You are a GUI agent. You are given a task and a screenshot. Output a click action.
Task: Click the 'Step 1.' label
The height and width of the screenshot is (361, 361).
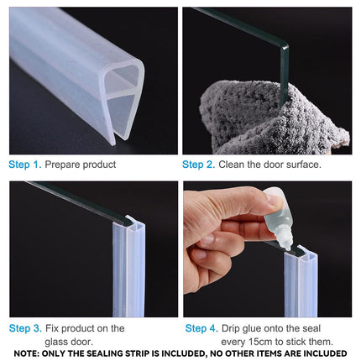coord(24,165)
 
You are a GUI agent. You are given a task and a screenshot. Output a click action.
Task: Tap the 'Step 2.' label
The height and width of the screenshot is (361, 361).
coord(199,165)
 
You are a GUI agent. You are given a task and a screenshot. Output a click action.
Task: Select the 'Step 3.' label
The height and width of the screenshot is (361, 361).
coord(24,327)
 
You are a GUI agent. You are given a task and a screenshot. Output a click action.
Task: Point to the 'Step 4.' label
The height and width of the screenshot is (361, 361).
coord(201,327)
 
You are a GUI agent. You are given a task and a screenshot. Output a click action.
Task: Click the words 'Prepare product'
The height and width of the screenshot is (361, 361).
coord(81,165)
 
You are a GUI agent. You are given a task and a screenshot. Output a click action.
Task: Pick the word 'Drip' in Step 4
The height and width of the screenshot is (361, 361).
coord(234,327)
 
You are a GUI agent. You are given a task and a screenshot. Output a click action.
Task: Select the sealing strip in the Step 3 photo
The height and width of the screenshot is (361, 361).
coord(128,269)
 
